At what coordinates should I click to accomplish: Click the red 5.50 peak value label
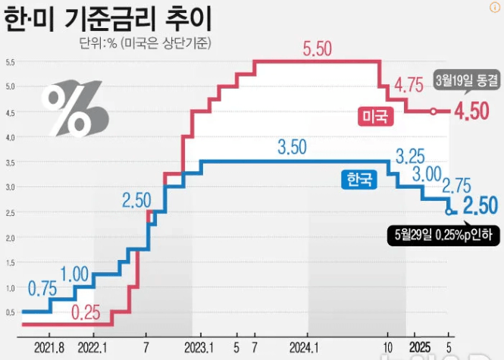[x=318, y=50]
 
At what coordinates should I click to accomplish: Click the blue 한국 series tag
[x=358, y=180]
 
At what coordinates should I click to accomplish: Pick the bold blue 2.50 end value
[x=480, y=205]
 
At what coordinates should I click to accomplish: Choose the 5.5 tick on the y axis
[x=11, y=61]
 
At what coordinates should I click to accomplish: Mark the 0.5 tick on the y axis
[x=11, y=312]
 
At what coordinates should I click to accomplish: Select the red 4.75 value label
[x=409, y=85]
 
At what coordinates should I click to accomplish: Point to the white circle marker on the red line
[x=433, y=111]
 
